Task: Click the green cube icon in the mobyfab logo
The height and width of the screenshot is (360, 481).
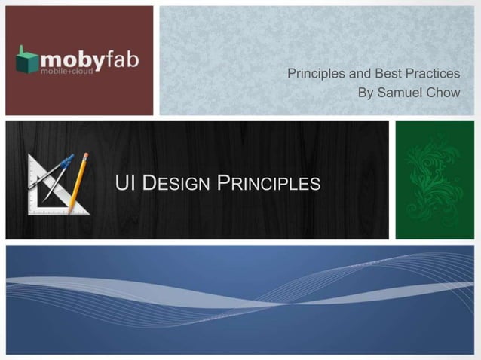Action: [x=27, y=60]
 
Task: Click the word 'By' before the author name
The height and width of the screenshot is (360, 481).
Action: [x=366, y=93]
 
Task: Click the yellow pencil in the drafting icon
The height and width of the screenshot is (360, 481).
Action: [x=78, y=182]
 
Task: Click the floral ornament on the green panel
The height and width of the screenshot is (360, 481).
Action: [x=434, y=179]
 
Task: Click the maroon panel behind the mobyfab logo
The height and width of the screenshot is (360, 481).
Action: [x=79, y=94]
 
